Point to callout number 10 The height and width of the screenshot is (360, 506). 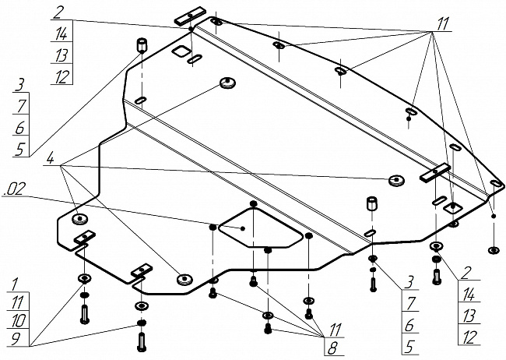click(x=18, y=320)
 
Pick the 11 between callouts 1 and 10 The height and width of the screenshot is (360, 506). click(x=18, y=302)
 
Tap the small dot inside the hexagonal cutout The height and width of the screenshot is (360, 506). click(x=244, y=228)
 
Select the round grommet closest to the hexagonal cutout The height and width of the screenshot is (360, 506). click(x=184, y=278)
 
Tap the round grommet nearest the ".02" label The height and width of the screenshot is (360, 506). click(x=82, y=218)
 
